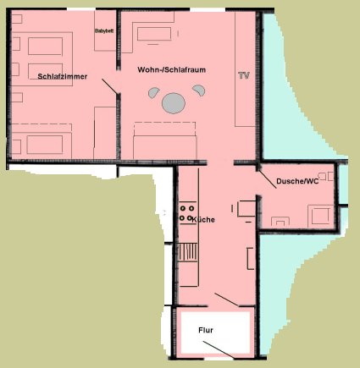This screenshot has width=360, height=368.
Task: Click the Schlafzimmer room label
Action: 63,76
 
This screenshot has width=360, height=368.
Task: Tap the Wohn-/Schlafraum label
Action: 172,70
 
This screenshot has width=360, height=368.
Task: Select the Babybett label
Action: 104,30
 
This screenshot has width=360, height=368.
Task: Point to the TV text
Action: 244,75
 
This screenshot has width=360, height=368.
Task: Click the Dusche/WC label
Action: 297,181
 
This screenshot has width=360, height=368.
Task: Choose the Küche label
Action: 203,220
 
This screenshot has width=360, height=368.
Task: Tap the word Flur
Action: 206,330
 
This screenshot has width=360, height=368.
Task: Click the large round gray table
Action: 174,103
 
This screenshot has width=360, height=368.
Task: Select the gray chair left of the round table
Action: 154,92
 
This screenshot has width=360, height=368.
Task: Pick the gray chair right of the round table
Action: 199,91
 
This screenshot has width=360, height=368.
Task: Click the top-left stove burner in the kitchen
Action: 183,209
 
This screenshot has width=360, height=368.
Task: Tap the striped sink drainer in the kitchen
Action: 188,252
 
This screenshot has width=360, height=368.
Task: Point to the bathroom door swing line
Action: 268,179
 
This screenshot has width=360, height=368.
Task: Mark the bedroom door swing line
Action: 109,86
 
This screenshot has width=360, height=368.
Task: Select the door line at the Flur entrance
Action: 219,350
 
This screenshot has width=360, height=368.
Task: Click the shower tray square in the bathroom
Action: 321,216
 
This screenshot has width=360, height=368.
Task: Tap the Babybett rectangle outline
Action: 105,30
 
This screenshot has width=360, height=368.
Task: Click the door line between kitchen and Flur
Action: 227,299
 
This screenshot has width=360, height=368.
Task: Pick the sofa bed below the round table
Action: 165,140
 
